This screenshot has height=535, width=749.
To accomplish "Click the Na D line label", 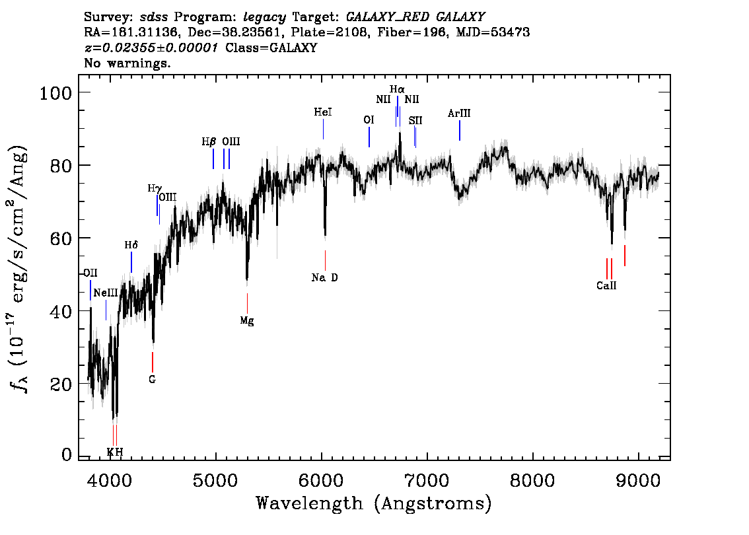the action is [324, 277].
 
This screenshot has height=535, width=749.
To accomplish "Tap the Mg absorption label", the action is [247, 320].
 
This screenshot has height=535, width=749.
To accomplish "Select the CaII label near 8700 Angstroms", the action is [606, 285].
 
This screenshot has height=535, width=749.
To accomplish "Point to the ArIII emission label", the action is [459, 113].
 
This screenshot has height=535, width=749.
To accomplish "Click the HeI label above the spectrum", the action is [323, 112].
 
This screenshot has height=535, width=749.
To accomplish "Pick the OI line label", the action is [369, 120].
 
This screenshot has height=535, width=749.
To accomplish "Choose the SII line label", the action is [415, 121].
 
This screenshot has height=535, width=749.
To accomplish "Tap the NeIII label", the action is [106, 293].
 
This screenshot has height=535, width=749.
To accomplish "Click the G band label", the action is [152, 379].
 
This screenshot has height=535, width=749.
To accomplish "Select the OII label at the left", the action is [90, 273].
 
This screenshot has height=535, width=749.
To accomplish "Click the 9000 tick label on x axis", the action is [637, 481].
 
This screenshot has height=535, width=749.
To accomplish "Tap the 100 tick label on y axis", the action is [55, 92].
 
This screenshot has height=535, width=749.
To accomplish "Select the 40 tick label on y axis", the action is [61, 311].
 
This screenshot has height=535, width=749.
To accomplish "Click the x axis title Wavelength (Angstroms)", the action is [374, 504].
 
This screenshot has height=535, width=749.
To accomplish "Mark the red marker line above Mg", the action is [247, 303].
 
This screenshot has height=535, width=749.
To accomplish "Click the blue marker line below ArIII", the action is [460, 130].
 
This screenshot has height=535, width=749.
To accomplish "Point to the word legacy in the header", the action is [265, 18].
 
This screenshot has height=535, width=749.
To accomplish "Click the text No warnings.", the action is [127, 63].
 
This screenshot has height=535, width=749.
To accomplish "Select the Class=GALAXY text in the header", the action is [271, 48].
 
